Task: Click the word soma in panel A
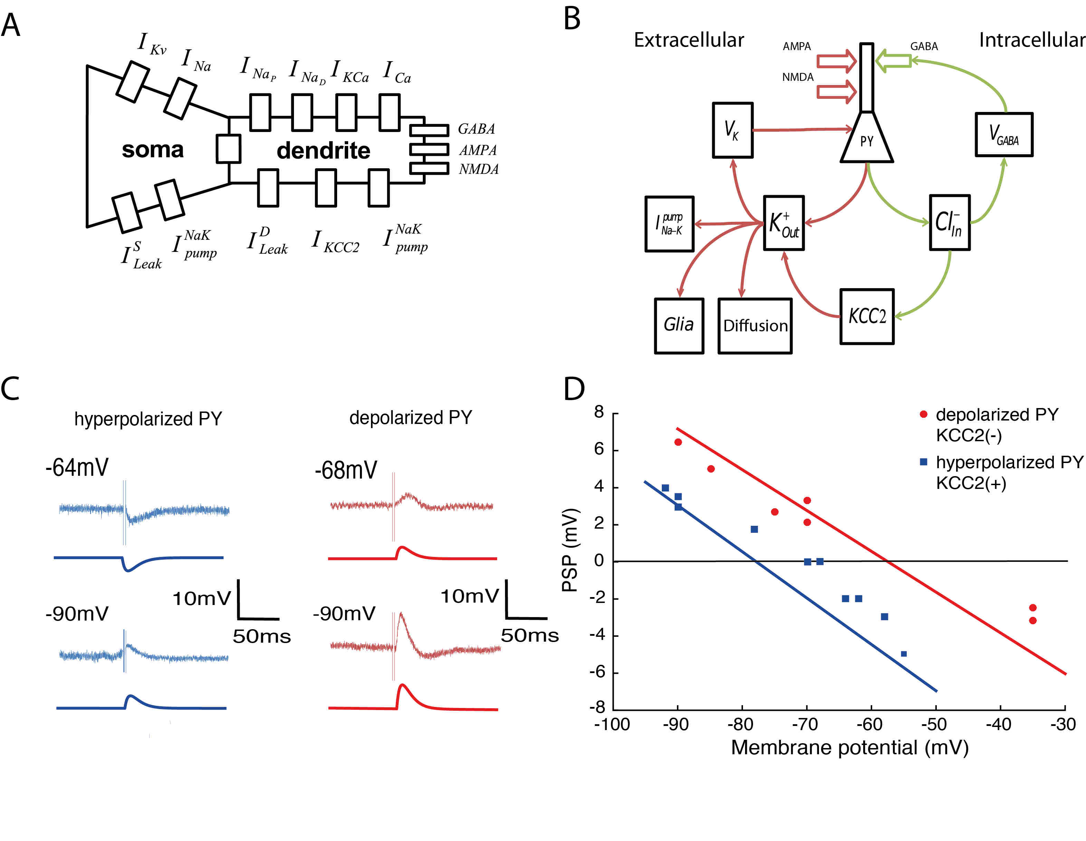pyautogui.click(x=153, y=149)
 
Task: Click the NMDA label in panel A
pyautogui.click(x=478, y=169)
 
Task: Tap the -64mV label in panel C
pyautogui.click(x=77, y=467)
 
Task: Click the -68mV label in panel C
pyautogui.click(x=346, y=470)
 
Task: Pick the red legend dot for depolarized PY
pyautogui.click(x=923, y=414)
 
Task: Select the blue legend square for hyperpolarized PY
pyautogui.click(x=923, y=462)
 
